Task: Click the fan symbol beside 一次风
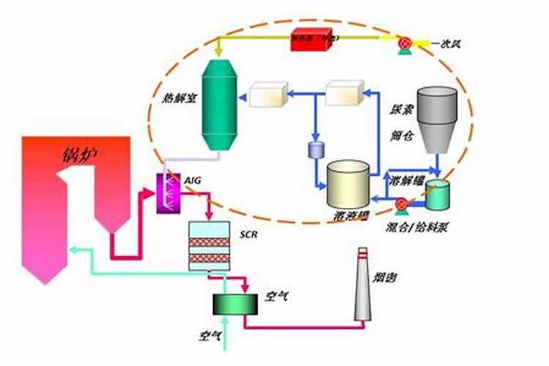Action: pos(404,43)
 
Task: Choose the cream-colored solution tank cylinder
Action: pos(348,184)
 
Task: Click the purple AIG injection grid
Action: pos(169,193)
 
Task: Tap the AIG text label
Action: pos(193,179)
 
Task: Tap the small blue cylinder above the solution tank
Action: pos(316,150)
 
